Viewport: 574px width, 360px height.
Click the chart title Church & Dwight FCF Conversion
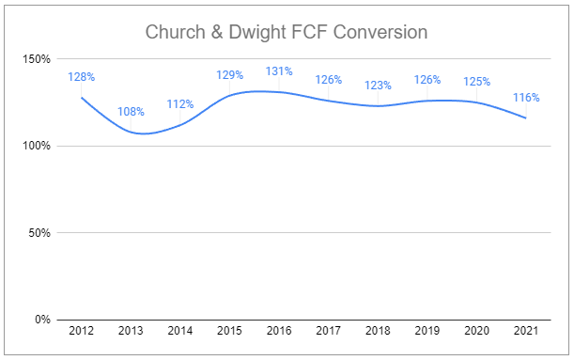tap(287, 32)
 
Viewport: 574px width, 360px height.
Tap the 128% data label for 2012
tap(82, 76)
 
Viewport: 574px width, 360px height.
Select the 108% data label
tap(132, 112)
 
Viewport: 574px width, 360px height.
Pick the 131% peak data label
tap(279, 70)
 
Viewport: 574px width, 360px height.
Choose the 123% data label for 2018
tap(378, 85)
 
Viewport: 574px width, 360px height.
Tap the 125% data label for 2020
tap(476, 81)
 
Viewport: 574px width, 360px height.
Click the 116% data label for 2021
tap(525, 97)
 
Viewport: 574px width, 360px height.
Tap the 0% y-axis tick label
tap(42, 320)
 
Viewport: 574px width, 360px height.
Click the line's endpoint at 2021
tap(525, 117)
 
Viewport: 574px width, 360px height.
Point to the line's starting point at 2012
tap(82, 97)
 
